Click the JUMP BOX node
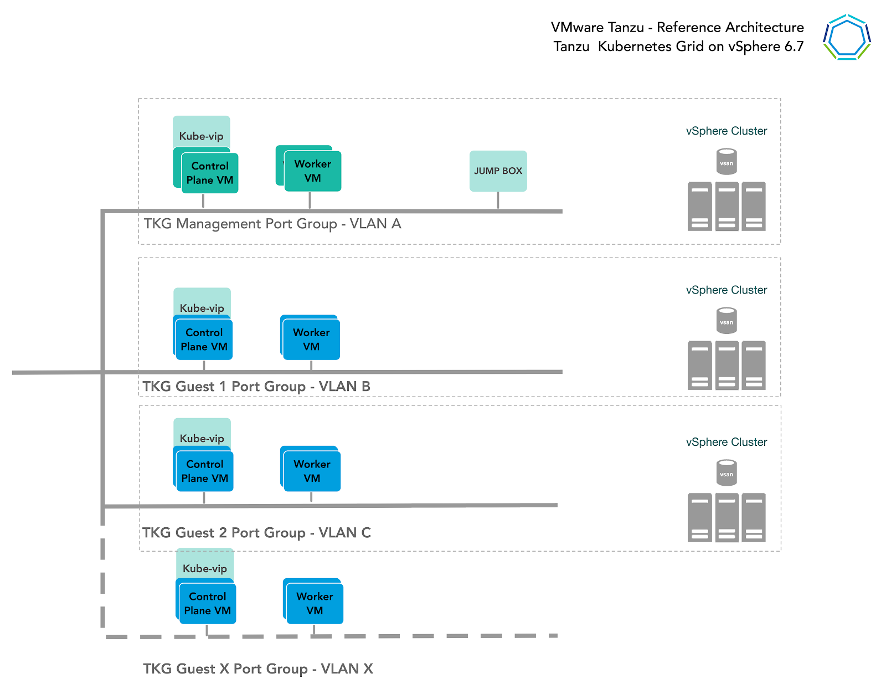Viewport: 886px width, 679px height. pos(498,171)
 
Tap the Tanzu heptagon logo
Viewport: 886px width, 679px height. pos(847,37)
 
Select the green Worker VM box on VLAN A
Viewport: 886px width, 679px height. pos(313,171)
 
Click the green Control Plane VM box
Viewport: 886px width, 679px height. pos(210,173)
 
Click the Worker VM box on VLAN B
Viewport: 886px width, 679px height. pos(311,339)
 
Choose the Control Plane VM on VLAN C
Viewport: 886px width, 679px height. pos(205,471)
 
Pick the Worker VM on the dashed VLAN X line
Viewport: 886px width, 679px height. pos(315,603)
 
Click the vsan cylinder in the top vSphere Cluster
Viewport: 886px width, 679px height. pos(726,162)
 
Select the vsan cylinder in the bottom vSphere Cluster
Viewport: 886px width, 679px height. pos(726,473)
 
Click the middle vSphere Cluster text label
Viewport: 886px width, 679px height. pos(726,290)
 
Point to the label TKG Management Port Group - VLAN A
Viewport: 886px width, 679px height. pos(272,224)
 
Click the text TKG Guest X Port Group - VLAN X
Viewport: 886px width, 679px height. pos(258,668)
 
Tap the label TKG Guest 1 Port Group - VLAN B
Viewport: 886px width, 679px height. pos(256,387)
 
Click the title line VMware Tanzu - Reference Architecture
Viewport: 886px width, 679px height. pos(677,28)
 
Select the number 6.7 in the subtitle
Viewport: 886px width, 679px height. pos(794,47)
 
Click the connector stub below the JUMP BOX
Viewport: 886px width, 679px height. pos(498,200)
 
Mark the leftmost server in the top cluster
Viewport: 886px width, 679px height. pos(699,206)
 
